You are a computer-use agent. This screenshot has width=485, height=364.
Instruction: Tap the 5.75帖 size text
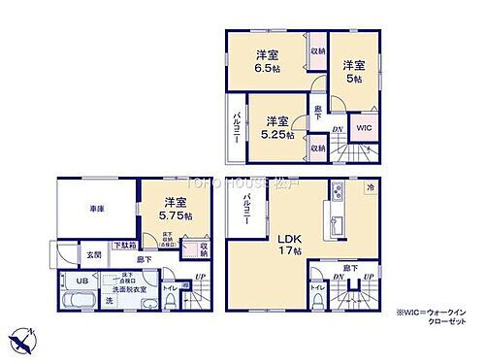(175, 215)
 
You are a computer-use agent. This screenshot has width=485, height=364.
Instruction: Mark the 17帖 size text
(293, 252)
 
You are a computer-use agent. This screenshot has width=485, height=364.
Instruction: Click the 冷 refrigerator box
(372, 186)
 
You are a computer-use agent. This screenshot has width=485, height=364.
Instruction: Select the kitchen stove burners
(335, 189)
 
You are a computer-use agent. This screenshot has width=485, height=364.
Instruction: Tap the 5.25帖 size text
(277, 135)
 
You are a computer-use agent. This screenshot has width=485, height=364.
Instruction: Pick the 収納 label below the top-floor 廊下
(318, 148)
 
